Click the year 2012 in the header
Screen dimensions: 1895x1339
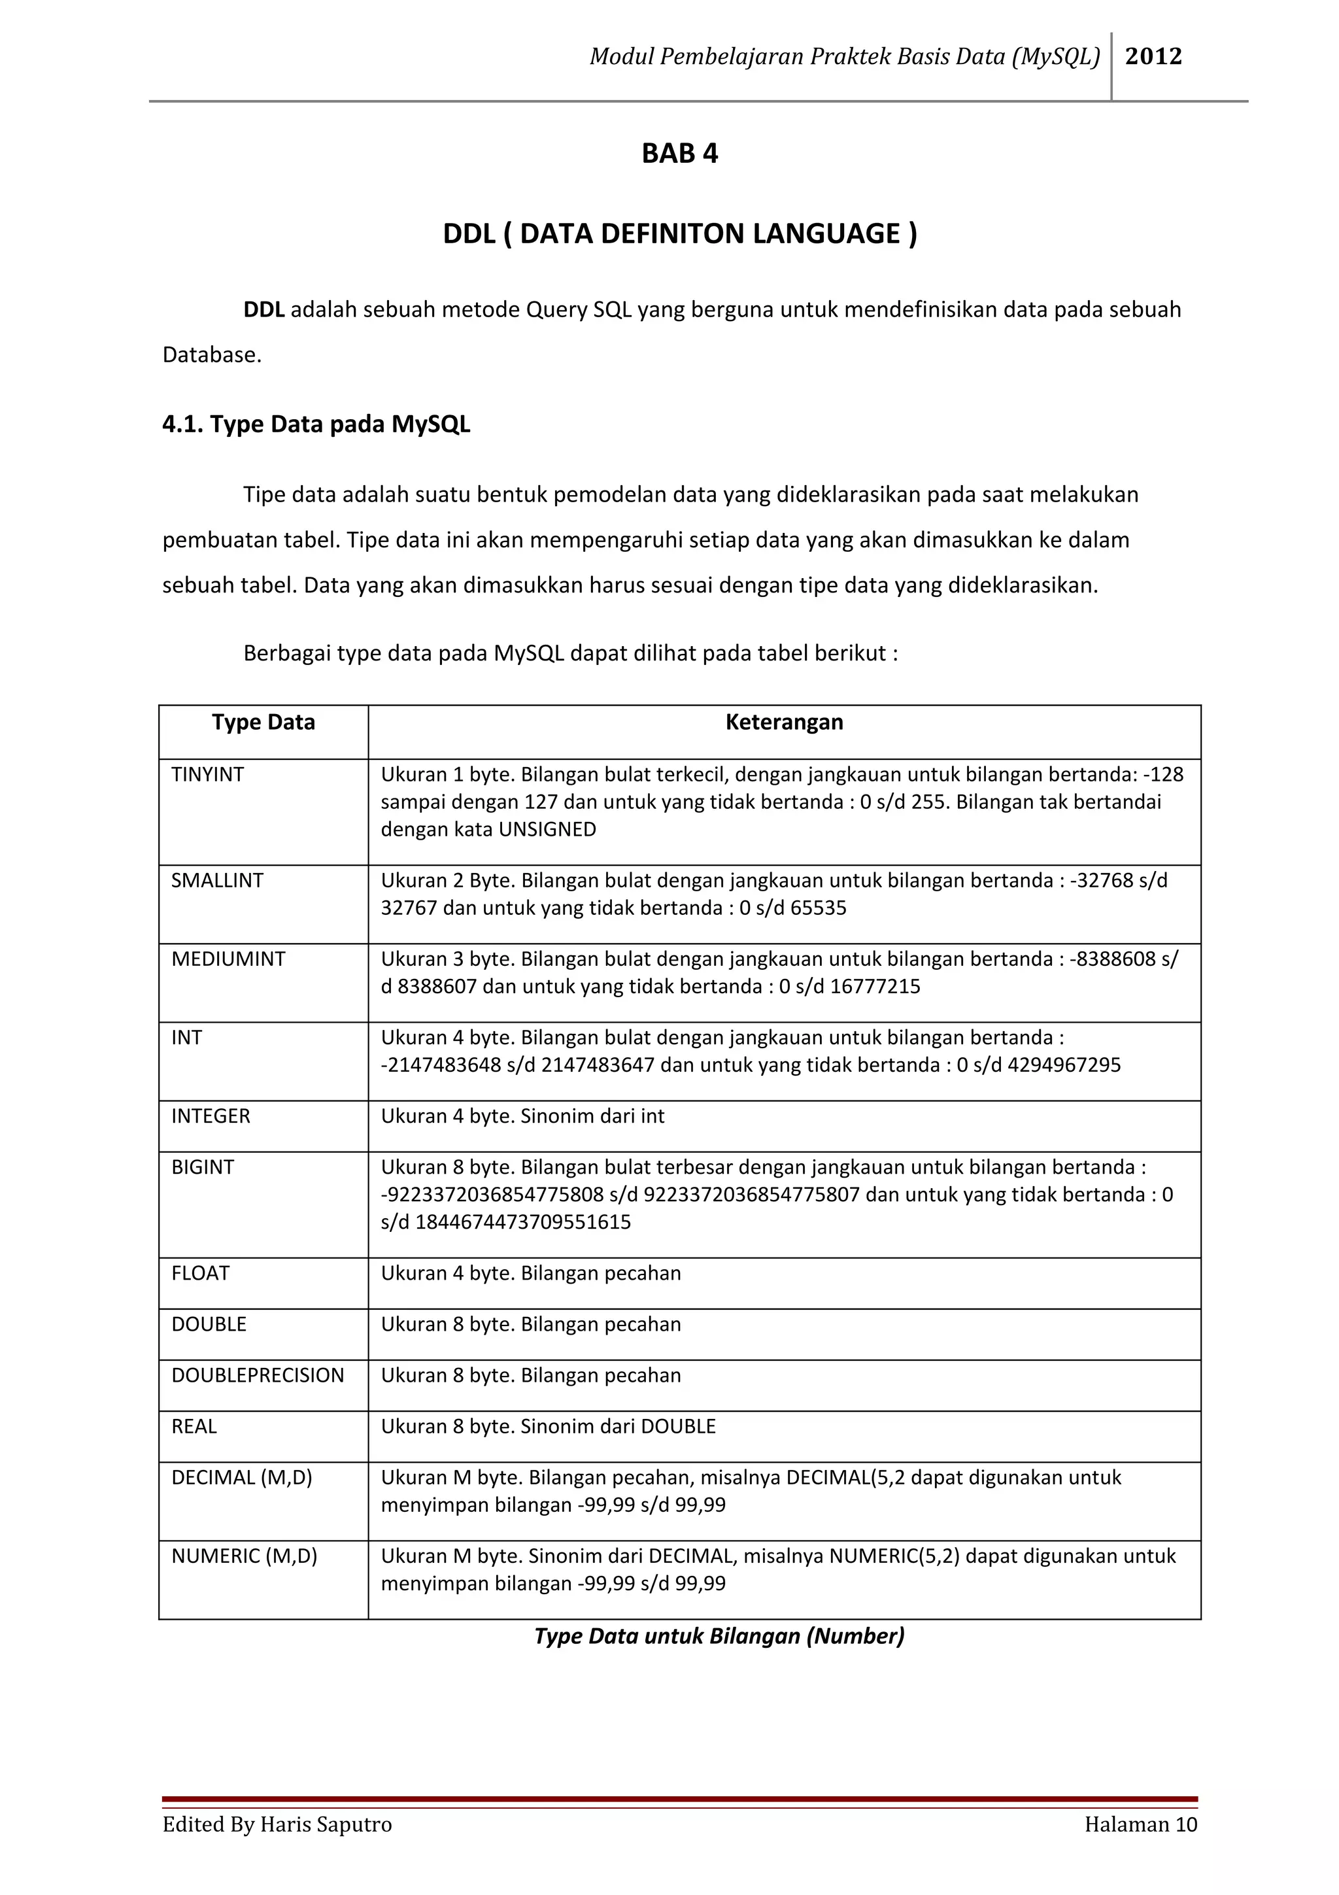point(1153,56)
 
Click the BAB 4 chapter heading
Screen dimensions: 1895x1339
point(680,154)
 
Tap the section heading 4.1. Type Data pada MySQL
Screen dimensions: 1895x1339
point(316,424)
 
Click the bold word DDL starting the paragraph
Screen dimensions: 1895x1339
point(263,309)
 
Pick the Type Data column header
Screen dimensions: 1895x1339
point(263,722)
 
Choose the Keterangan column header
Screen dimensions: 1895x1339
point(784,722)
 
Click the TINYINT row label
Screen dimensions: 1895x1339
point(207,774)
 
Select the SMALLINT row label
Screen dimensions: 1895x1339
point(217,881)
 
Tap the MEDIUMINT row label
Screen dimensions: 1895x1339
point(228,959)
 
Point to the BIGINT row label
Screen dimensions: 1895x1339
point(202,1167)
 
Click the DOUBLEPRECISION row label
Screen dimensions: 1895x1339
point(258,1375)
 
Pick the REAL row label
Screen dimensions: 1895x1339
point(194,1426)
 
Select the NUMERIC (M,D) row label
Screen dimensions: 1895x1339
point(245,1556)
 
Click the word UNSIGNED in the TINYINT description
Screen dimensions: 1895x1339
point(547,830)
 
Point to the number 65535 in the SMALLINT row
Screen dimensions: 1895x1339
point(818,908)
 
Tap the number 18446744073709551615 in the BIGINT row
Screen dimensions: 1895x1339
point(522,1221)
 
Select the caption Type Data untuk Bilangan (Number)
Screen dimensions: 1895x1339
point(719,1636)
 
